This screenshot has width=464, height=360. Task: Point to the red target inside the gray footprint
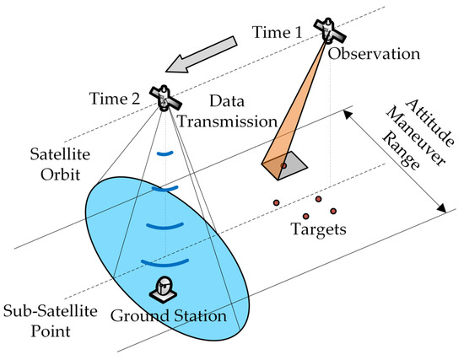284,166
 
